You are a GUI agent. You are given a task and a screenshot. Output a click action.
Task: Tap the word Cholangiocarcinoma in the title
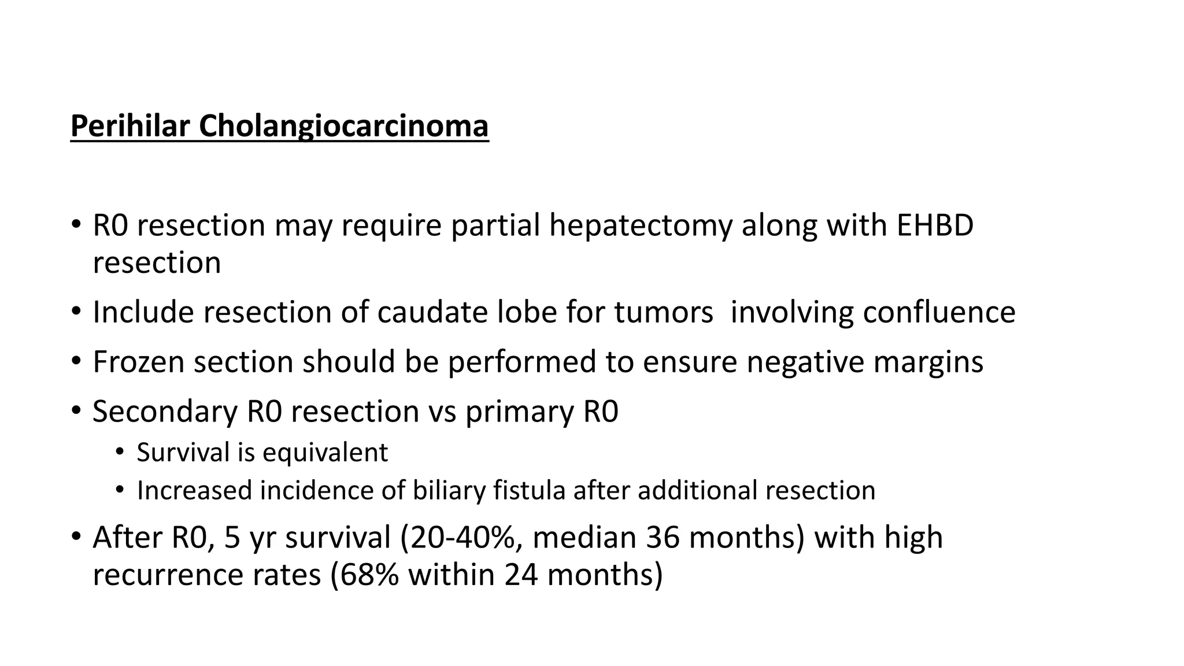click(x=343, y=126)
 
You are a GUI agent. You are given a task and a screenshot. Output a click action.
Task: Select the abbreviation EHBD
click(x=935, y=225)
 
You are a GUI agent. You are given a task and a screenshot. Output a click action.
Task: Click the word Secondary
click(x=165, y=412)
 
